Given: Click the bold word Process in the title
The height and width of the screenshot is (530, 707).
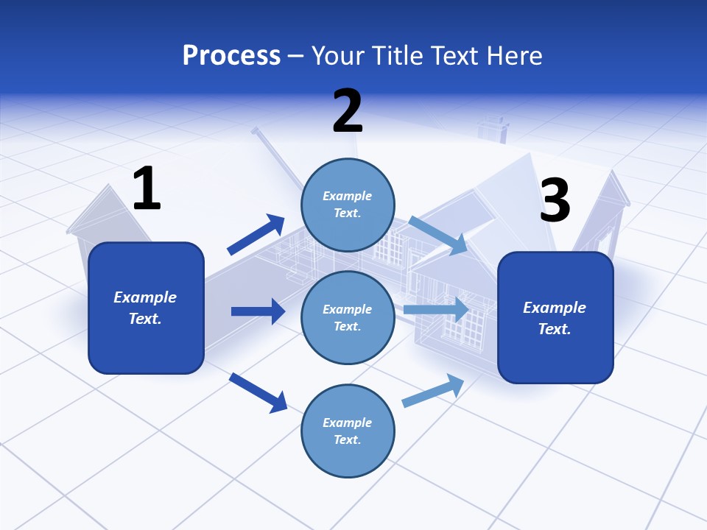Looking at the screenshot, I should click(231, 55).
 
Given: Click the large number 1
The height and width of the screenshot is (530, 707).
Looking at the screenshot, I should click(147, 189).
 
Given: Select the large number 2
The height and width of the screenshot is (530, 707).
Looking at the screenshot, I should click(348, 111).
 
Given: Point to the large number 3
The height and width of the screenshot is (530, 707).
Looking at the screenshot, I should click(555, 201).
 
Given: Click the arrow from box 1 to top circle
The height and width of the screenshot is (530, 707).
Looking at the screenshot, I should click(256, 235).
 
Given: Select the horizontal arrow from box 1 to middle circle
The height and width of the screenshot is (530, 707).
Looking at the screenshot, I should click(258, 311).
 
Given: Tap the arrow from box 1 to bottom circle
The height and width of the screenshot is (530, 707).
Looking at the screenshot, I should click(258, 392).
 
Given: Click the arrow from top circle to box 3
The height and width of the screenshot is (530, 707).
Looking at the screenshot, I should click(437, 236).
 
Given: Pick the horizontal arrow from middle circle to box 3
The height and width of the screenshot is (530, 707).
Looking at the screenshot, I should click(435, 309).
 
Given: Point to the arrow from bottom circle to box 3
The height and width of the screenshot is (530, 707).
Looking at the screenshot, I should click(433, 391).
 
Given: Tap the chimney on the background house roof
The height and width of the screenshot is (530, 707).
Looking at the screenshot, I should click(493, 130).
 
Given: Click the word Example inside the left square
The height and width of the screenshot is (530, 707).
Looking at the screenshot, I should click(145, 297).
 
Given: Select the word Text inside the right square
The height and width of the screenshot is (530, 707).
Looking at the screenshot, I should click(554, 329).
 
